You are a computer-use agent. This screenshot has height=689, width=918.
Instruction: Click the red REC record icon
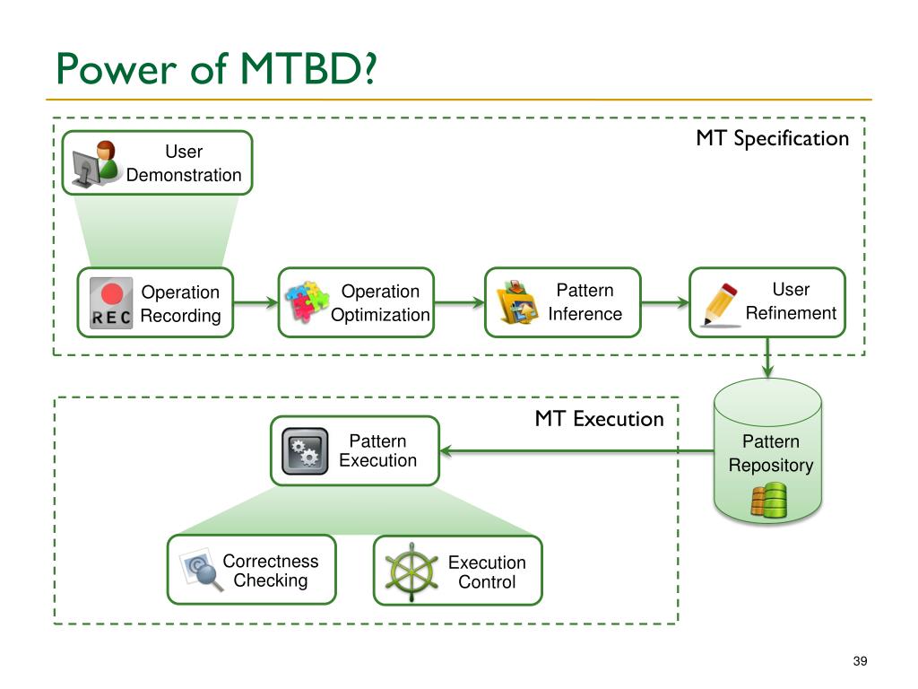(111, 303)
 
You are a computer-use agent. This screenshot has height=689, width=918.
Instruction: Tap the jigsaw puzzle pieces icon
(307, 301)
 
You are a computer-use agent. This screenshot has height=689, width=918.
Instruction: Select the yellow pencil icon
(721, 304)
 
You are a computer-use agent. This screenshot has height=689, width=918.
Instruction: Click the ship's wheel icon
(411, 571)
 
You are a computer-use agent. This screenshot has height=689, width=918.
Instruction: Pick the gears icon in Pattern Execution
(305, 451)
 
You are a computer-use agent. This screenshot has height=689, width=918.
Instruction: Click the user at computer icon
(95, 164)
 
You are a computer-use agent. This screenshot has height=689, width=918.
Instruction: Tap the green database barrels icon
(768, 500)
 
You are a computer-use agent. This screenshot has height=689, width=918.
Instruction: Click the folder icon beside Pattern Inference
(515, 302)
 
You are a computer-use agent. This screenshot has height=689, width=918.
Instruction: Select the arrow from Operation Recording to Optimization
(255, 303)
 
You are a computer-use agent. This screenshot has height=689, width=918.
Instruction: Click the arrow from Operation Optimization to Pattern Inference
(460, 303)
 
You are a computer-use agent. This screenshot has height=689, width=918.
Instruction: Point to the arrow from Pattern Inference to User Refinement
(666, 303)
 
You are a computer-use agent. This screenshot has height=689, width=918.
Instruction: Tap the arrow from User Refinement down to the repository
(768, 357)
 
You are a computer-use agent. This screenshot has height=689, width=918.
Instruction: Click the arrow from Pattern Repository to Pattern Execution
(576, 450)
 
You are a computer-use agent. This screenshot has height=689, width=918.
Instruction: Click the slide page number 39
(860, 661)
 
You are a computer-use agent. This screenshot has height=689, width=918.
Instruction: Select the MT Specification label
(772, 139)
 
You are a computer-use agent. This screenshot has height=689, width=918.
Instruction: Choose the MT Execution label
(600, 419)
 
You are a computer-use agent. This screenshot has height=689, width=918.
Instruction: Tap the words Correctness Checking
(271, 571)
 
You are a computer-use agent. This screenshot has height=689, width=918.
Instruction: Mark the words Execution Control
(487, 571)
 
